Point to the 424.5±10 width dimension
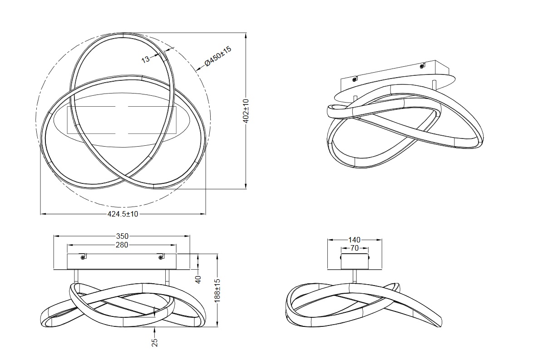coord(123,214)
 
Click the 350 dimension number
coord(122,236)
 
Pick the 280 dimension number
coord(122,245)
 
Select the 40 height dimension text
coord(198,279)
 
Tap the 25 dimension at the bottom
coord(154,342)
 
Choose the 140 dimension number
coord(355,240)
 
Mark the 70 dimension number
coord(355,248)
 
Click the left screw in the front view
coord(83,257)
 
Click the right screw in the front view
coord(160,257)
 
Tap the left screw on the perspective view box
coord(354,79)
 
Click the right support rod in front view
coord(167,276)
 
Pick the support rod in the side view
coord(355,276)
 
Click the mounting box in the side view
coord(355,261)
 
